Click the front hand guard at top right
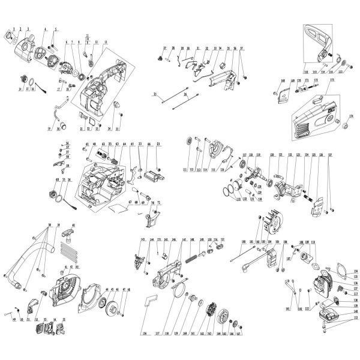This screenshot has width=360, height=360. [318, 42]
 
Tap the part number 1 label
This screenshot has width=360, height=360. [13, 29]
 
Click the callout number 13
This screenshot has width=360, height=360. [106, 43]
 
